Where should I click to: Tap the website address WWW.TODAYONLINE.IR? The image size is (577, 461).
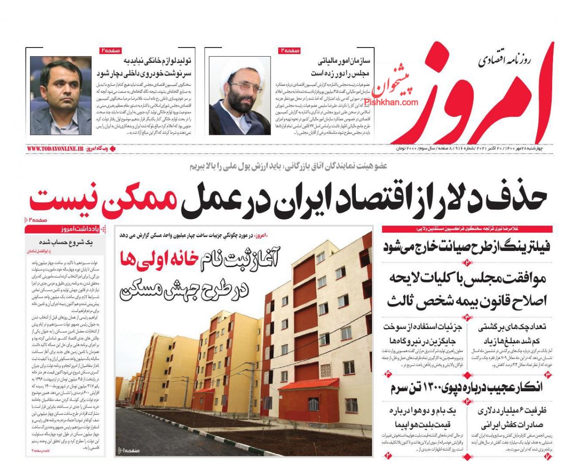(55, 149)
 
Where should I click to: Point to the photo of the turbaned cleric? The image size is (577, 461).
(240, 96)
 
